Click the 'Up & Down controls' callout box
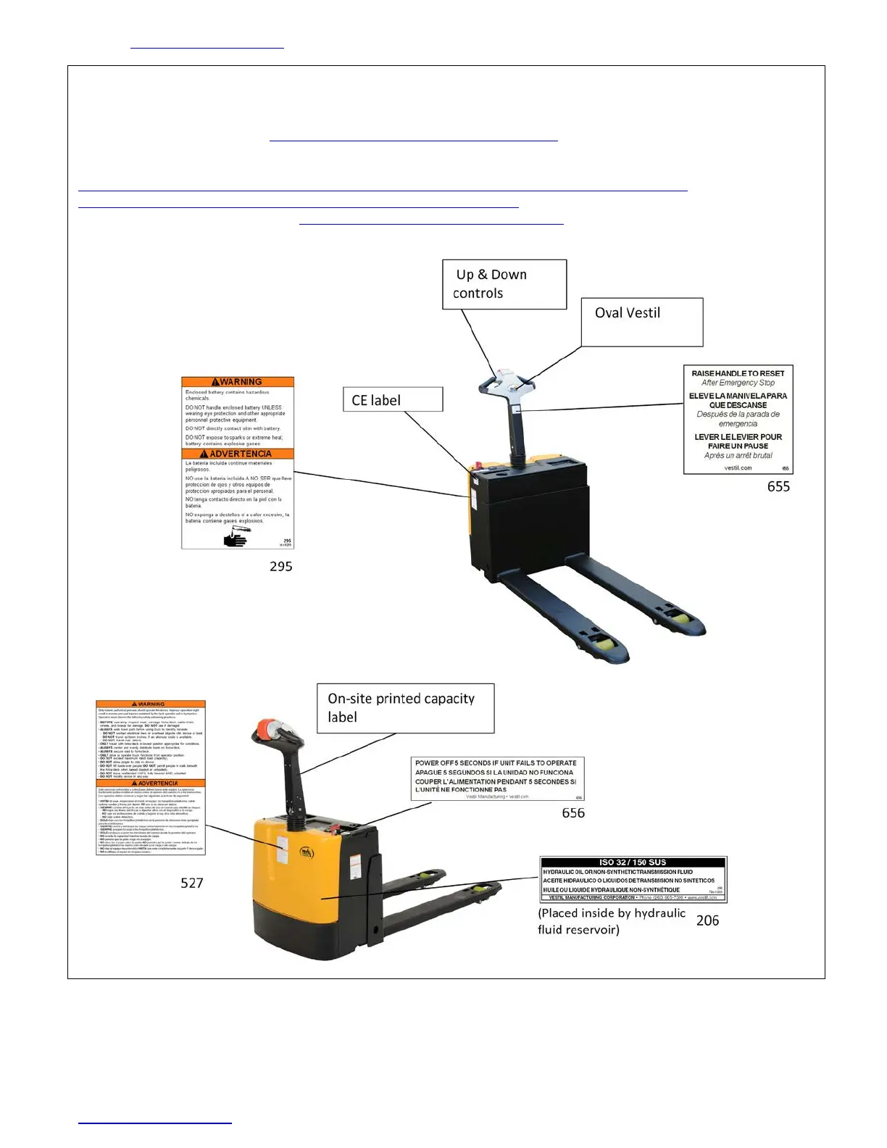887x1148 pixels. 504,284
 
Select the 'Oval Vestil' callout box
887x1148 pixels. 642,321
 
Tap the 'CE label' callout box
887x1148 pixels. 392,399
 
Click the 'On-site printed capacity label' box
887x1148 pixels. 405,707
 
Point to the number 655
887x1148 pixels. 778,486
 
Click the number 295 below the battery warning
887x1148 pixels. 281,566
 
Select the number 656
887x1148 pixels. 573,812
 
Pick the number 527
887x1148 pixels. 192,882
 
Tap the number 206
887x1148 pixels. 707,920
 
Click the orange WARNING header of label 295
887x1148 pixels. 238,382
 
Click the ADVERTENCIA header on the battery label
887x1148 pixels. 238,454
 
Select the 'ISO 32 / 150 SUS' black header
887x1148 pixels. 633,862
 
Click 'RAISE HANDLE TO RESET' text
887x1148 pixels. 738,373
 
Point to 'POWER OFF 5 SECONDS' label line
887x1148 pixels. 496,763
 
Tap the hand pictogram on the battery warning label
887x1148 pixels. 236,538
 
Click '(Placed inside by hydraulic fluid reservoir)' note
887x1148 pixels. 611,921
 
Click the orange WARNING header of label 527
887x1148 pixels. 151,704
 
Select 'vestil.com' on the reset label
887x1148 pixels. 738,467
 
